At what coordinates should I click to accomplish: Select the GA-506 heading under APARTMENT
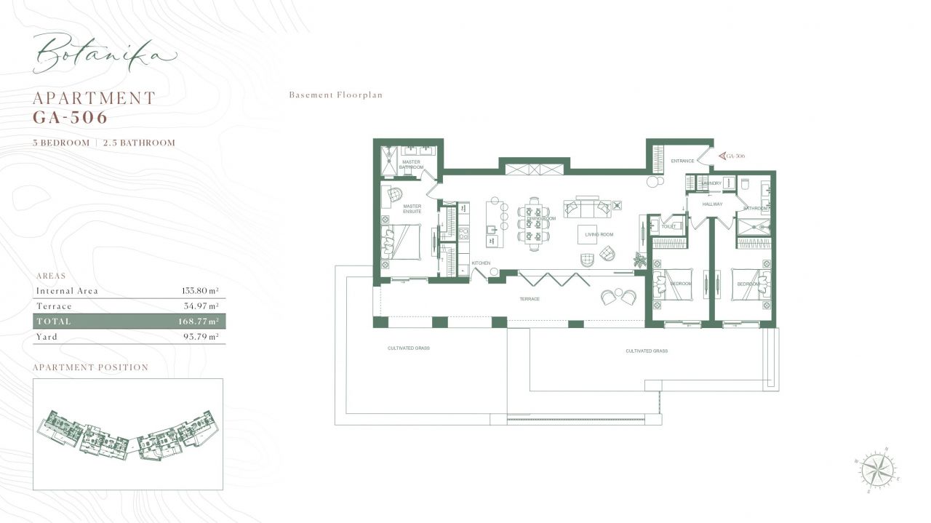pyautogui.click(x=70, y=116)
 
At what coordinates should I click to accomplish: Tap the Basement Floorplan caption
pyautogui.click(x=335, y=95)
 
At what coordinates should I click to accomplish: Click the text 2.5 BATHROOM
pyautogui.click(x=139, y=143)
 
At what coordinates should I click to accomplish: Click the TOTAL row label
pyautogui.click(x=54, y=322)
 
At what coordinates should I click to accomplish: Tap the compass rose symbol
pyautogui.click(x=877, y=469)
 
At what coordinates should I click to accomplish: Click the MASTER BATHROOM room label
pyautogui.click(x=412, y=164)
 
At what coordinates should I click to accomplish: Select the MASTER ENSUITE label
pyautogui.click(x=412, y=209)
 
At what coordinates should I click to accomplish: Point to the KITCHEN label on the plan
pyautogui.click(x=482, y=263)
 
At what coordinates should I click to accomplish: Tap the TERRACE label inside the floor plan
pyautogui.click(x=529, y=300)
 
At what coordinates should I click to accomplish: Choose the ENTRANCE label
pyautogui.click(x=682, y=161)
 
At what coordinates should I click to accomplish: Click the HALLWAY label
pyautogui.click(x=712, y=204)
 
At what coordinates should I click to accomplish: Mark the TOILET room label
pyautogui.click(x=668, y=226)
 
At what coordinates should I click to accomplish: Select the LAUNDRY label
pyautogui.click(x=711, y=183)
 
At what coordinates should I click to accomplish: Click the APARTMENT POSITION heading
pyautogui.click(x=90, y=368)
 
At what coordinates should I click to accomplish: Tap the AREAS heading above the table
pyautogui.click(x=51, y=276)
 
